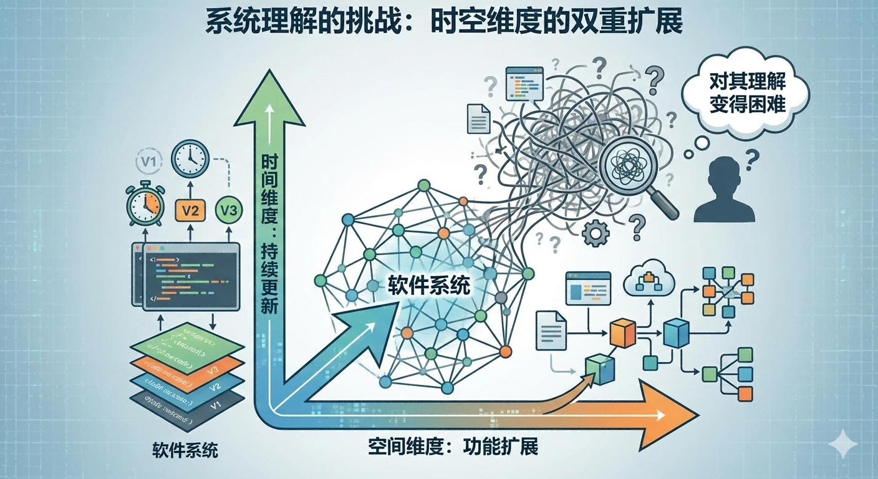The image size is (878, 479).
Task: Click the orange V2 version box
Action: pyautogui.click(x=191, y=210)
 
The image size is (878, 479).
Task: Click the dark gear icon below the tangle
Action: pyautogui.click(x=594, y=234)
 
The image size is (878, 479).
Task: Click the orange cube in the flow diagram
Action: pyautogui.click(x=622, y=334)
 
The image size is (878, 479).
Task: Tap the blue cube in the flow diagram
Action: pyautogui.click(x=676, y=334)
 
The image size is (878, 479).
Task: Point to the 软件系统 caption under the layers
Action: pyautogui.click(x=185, y=450)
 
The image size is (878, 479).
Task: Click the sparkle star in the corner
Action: pyautogui.click(x=843, y=444)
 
